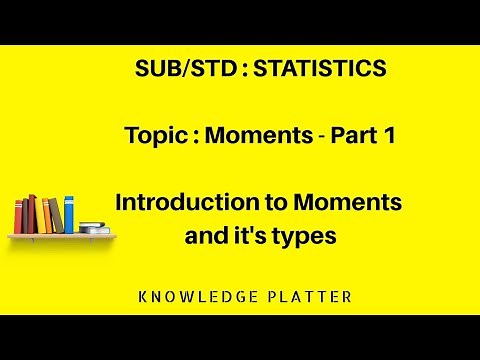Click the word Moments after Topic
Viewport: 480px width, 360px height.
253,136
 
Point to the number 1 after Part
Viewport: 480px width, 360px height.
388,136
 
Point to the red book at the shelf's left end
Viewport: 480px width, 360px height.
17,217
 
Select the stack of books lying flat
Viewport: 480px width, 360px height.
94,228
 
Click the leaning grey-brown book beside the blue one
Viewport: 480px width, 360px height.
57,216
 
